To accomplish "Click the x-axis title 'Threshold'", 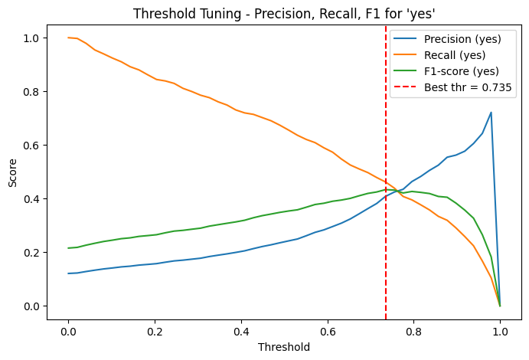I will [x=284, y=347].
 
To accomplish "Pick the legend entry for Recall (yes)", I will [x=452, y=54].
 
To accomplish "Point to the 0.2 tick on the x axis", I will [x=155, y=331].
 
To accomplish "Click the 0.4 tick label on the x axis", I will [x=241, y=331].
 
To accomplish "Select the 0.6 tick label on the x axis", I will [x=327, y=331].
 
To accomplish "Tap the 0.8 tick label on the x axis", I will [x=413, y=331].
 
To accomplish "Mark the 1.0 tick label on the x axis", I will [x=500, y=331].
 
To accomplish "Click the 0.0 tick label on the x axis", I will [x=68, y=331].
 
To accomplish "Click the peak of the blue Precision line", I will [x=491, y=113].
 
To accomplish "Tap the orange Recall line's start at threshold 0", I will [x=68, y=38].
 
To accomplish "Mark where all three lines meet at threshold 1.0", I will [x=500, y=306].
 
